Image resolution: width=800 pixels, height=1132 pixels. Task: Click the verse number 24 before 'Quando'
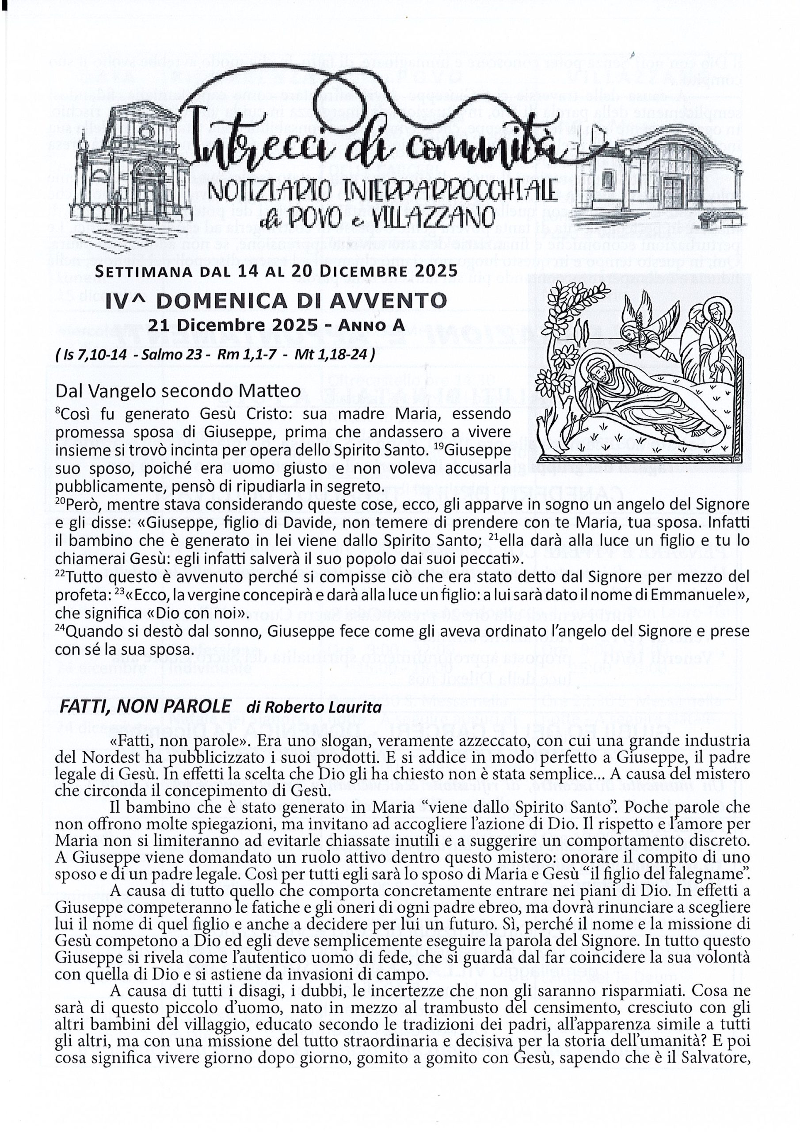click(60, 627)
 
